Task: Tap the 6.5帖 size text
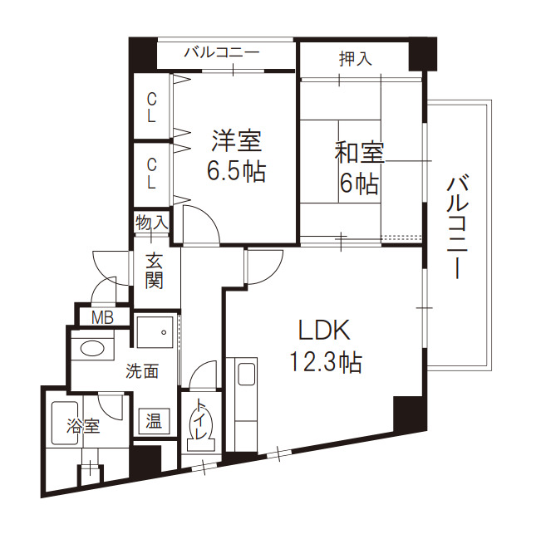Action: pos(235,172)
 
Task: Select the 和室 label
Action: pos(359,154)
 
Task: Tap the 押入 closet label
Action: pos(356,58)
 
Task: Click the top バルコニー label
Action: pos(222,52)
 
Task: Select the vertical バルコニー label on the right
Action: pos(455,226)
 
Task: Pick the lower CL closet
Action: pos(151,171)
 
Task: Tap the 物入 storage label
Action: pos(153,223)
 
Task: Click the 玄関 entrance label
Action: pos(153,269)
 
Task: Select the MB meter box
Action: pos(102,316)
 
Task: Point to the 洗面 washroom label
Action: pos(141,371)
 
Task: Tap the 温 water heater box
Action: pos(155,421)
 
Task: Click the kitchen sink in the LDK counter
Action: pos(247,375)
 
